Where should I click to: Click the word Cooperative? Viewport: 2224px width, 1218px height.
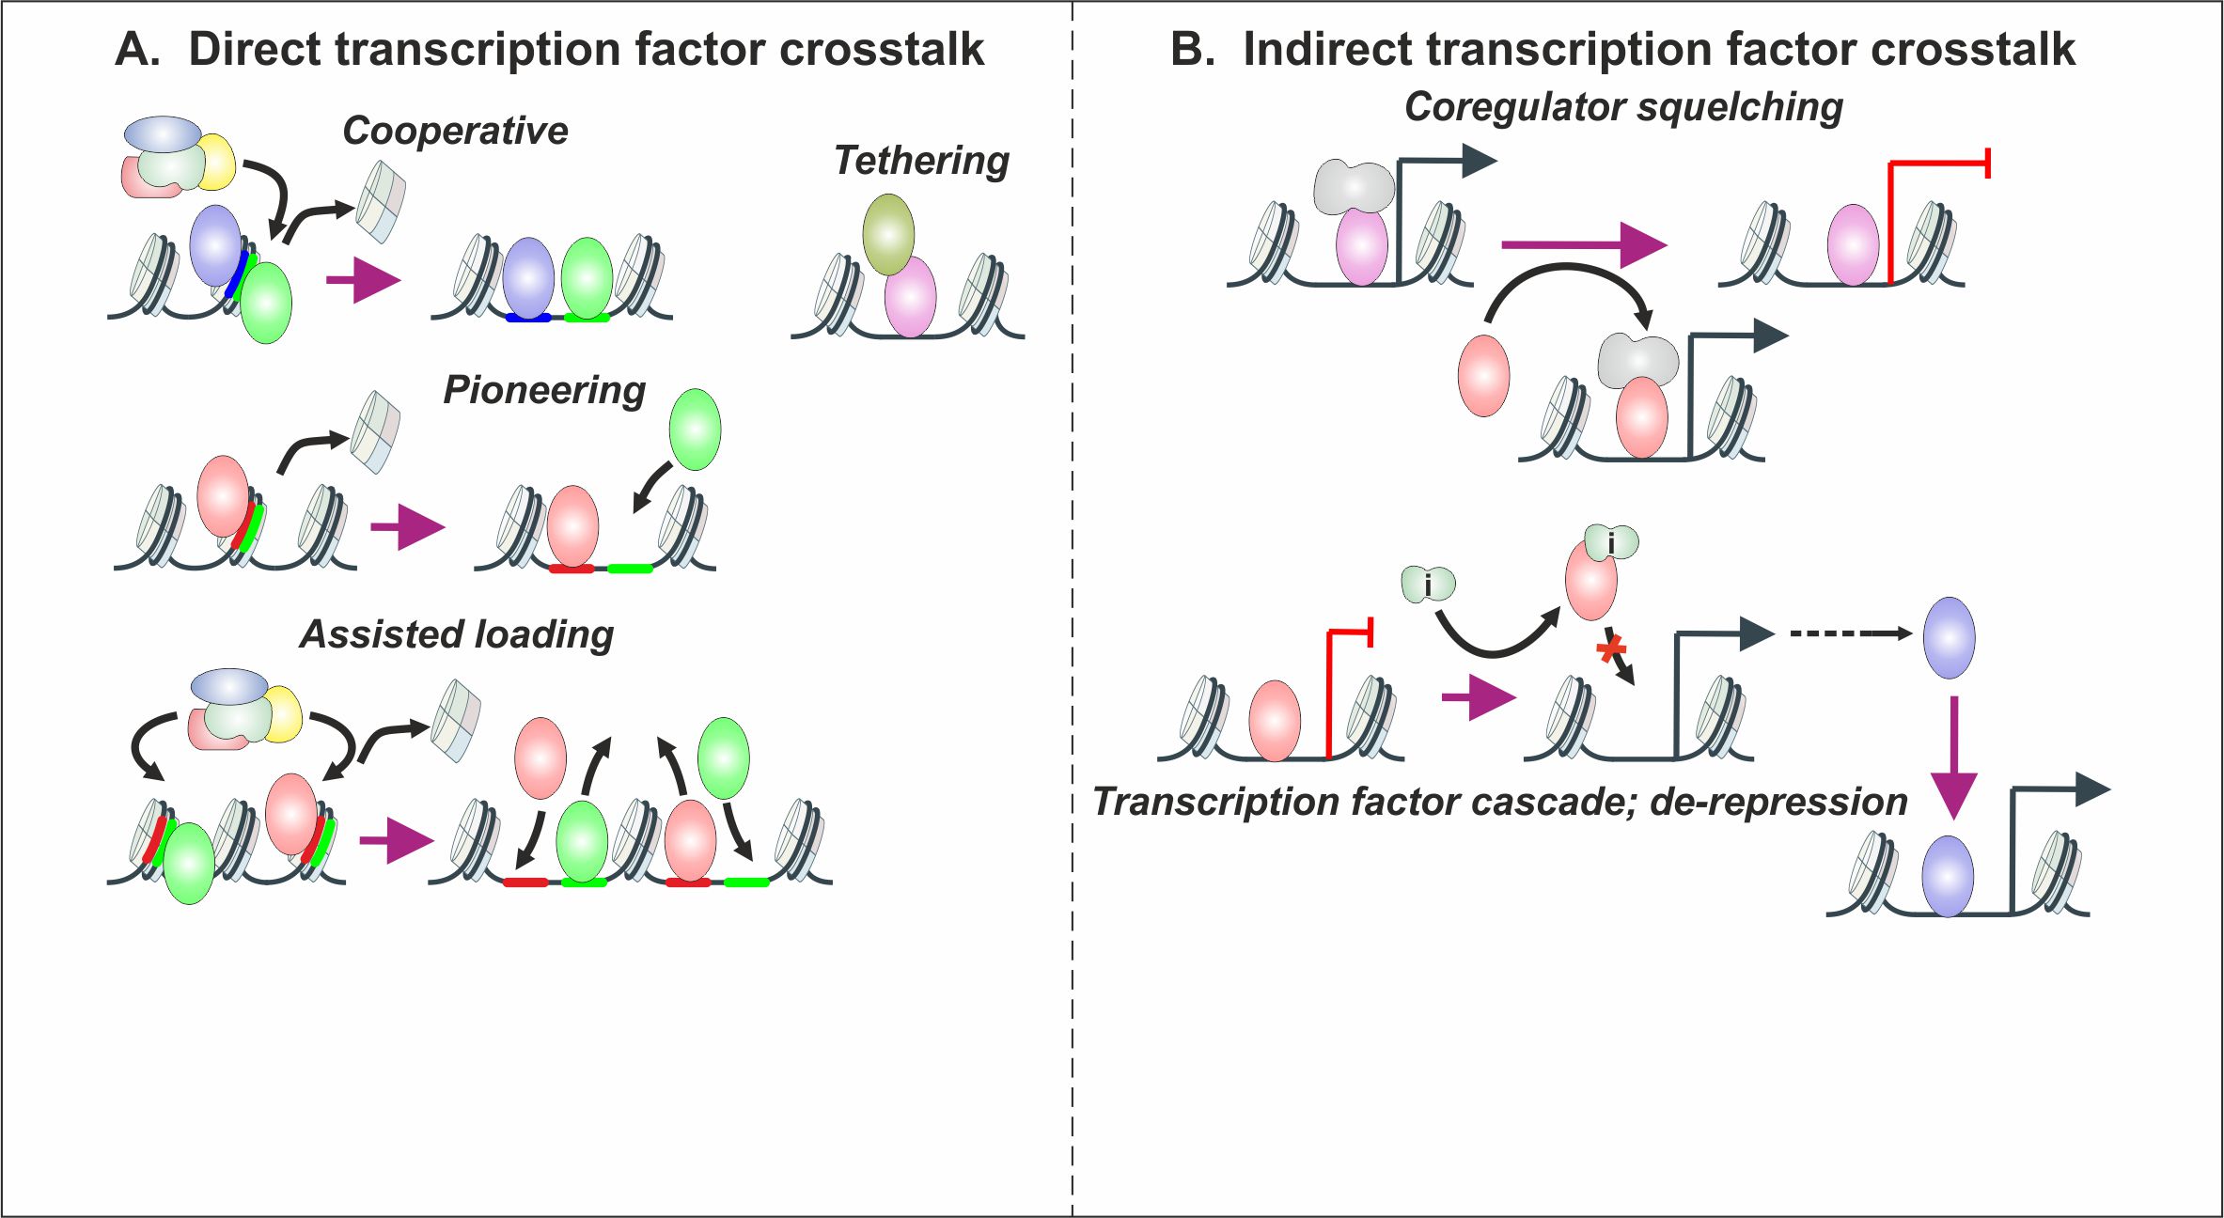[455, 132]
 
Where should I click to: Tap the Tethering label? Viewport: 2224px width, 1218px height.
[921, 162]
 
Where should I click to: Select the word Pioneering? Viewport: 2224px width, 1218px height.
[544, 391]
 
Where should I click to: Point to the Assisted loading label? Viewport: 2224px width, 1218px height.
[457, 634]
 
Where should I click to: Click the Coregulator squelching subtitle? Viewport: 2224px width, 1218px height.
[1623, 108]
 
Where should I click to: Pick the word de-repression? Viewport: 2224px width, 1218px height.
[1778, 803]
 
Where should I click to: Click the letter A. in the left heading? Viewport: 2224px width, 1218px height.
[137, 50]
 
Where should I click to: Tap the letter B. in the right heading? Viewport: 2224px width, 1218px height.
[1192, 50]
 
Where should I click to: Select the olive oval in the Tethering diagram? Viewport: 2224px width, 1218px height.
[888, 235]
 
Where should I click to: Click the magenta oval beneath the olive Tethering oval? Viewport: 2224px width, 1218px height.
[910, 297]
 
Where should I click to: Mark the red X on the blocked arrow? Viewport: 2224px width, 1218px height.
[1612, 648]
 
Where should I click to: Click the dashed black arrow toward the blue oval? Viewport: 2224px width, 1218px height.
[1851, 633]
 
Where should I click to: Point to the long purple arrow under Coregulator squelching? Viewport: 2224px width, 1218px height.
[1584, 245]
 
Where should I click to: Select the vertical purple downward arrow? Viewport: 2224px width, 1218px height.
[1954, 758]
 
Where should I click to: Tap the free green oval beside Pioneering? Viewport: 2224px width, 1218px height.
[695, 429]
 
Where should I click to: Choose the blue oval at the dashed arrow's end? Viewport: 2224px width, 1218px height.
[1949, 637]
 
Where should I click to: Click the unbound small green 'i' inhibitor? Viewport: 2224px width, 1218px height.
[1428, 585]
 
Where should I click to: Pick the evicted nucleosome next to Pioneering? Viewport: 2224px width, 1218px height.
[375, 431]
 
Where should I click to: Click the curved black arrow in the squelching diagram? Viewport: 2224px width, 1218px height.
[1569, 279]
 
